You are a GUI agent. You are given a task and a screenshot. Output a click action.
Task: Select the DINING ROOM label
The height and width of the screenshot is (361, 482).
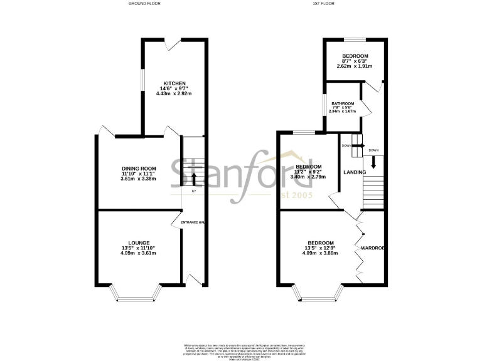138,169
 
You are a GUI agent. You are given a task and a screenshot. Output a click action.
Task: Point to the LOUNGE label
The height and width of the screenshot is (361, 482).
139,242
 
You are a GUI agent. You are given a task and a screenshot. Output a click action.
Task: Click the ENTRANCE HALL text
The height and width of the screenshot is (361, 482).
193,222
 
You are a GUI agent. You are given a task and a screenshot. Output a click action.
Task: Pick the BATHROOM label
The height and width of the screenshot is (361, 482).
343,103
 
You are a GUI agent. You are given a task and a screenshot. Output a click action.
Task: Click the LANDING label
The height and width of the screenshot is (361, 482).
355,172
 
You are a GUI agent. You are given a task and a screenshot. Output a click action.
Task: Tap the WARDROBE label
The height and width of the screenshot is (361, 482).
372,248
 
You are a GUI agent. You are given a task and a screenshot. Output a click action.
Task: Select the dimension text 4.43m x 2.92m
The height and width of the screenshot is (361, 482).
174,93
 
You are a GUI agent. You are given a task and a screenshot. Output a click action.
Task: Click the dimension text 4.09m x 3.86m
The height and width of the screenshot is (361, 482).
320,254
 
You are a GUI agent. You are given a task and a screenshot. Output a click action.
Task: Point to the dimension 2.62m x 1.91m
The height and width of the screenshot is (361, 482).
355,66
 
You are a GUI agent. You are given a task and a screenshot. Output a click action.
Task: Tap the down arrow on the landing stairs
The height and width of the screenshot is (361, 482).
373,161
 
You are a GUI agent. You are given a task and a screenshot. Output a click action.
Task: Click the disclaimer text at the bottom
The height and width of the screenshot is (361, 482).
241,348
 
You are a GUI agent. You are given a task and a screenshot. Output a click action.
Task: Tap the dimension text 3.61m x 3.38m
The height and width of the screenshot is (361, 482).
138,179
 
